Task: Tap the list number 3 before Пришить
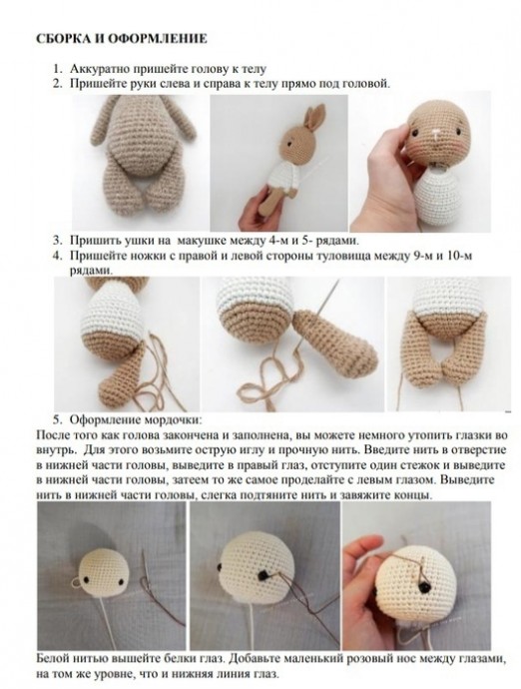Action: pyautogui.click(x=57, y=241)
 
